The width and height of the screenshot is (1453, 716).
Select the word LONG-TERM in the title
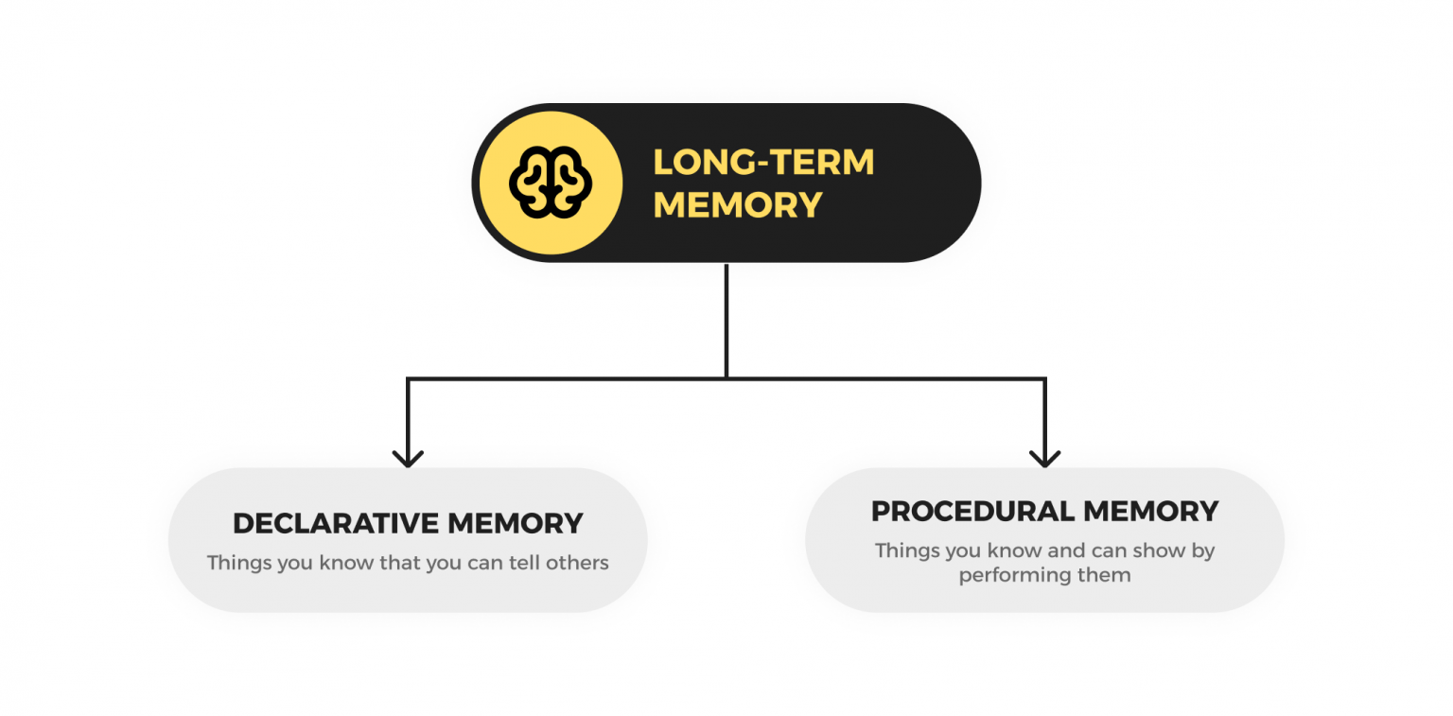tap(763, 163)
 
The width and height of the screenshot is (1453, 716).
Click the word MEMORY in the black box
tap(737, 205)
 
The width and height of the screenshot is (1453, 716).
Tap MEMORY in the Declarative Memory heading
tap(515, 523)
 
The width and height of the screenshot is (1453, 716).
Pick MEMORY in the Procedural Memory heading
tap(1151, 512)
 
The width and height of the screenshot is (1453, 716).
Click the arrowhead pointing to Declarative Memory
tap(408, 459)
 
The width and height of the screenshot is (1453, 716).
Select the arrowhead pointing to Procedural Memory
tap(1044, 459)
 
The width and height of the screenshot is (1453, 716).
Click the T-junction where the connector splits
tap(726, 378)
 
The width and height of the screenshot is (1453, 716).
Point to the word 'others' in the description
tap(578, 563)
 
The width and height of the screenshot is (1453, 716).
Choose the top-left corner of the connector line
tap(408, 379)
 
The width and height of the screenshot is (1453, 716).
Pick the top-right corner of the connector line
tap(1044, 379)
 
